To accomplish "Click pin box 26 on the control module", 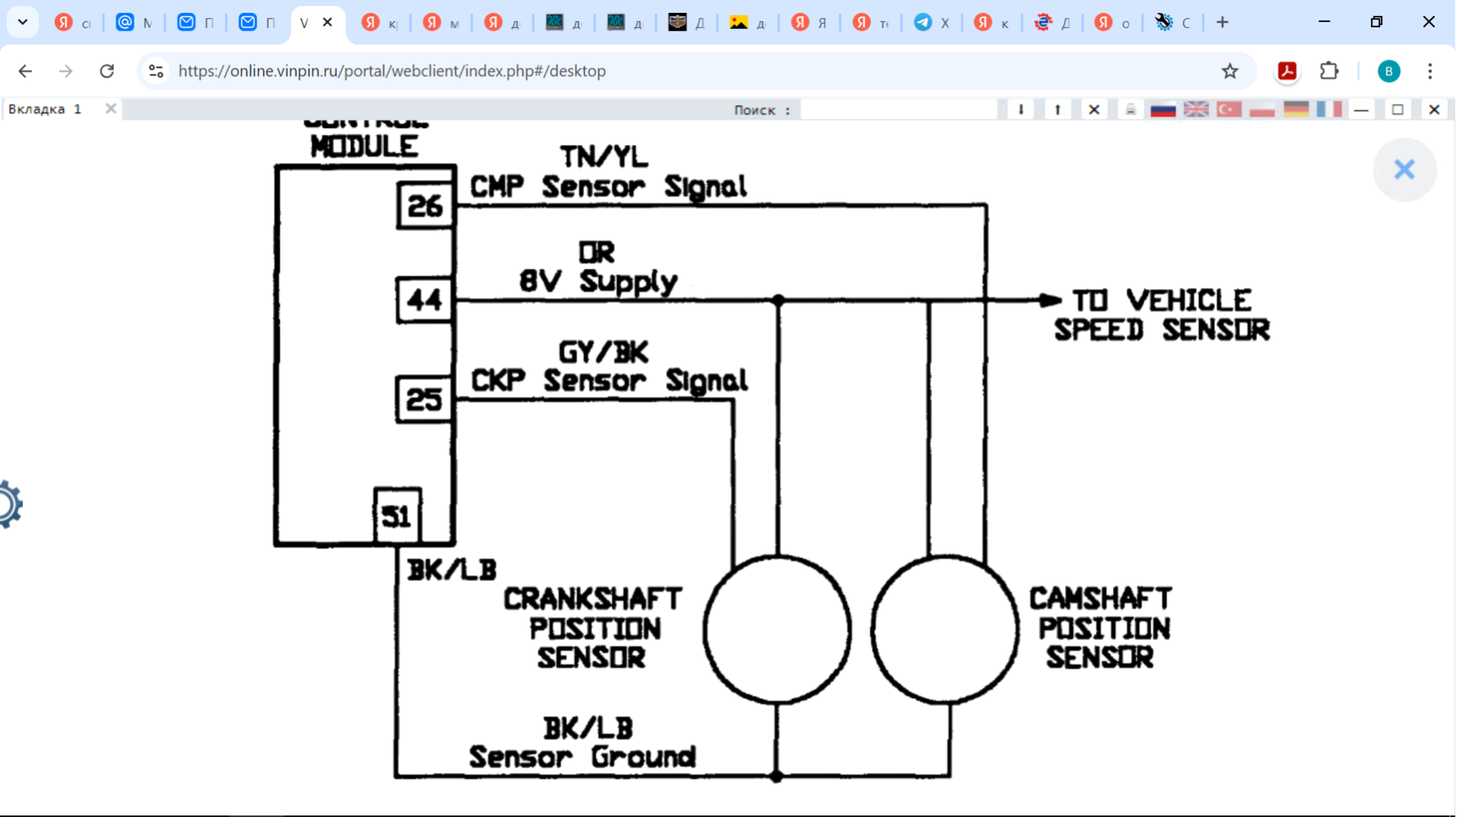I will [x=425, y=205].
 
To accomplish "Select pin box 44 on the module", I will [x=424, y=300].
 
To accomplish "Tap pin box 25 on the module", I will [x=424, y=399].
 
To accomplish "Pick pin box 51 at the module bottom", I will [x=397, y=517].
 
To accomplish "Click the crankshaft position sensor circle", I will [x=777, y=629].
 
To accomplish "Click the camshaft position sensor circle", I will [x=944, y=629].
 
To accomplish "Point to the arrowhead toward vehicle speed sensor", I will [x=1050, y=300].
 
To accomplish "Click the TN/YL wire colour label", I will [x=604, y=157].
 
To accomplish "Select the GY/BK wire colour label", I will [x=604, y=352].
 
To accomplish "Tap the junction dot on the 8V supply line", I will [x=778, y=300].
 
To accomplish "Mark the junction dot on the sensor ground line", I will [x=776, y=776].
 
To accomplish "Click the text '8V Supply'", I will [x=598, y=281].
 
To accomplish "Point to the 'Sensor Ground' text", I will [x=582, y=757].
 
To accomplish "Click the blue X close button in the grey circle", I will [x=1403, y=169].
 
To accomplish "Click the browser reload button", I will [x=107, y=71].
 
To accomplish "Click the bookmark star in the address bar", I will [x=1229, y=71].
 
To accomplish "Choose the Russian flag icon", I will [x=1162, y=110].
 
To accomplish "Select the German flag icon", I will [x=1296, y=110].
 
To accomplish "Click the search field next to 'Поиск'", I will [x=899, y=110].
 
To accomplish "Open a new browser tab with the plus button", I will [x=1223, y=22].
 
